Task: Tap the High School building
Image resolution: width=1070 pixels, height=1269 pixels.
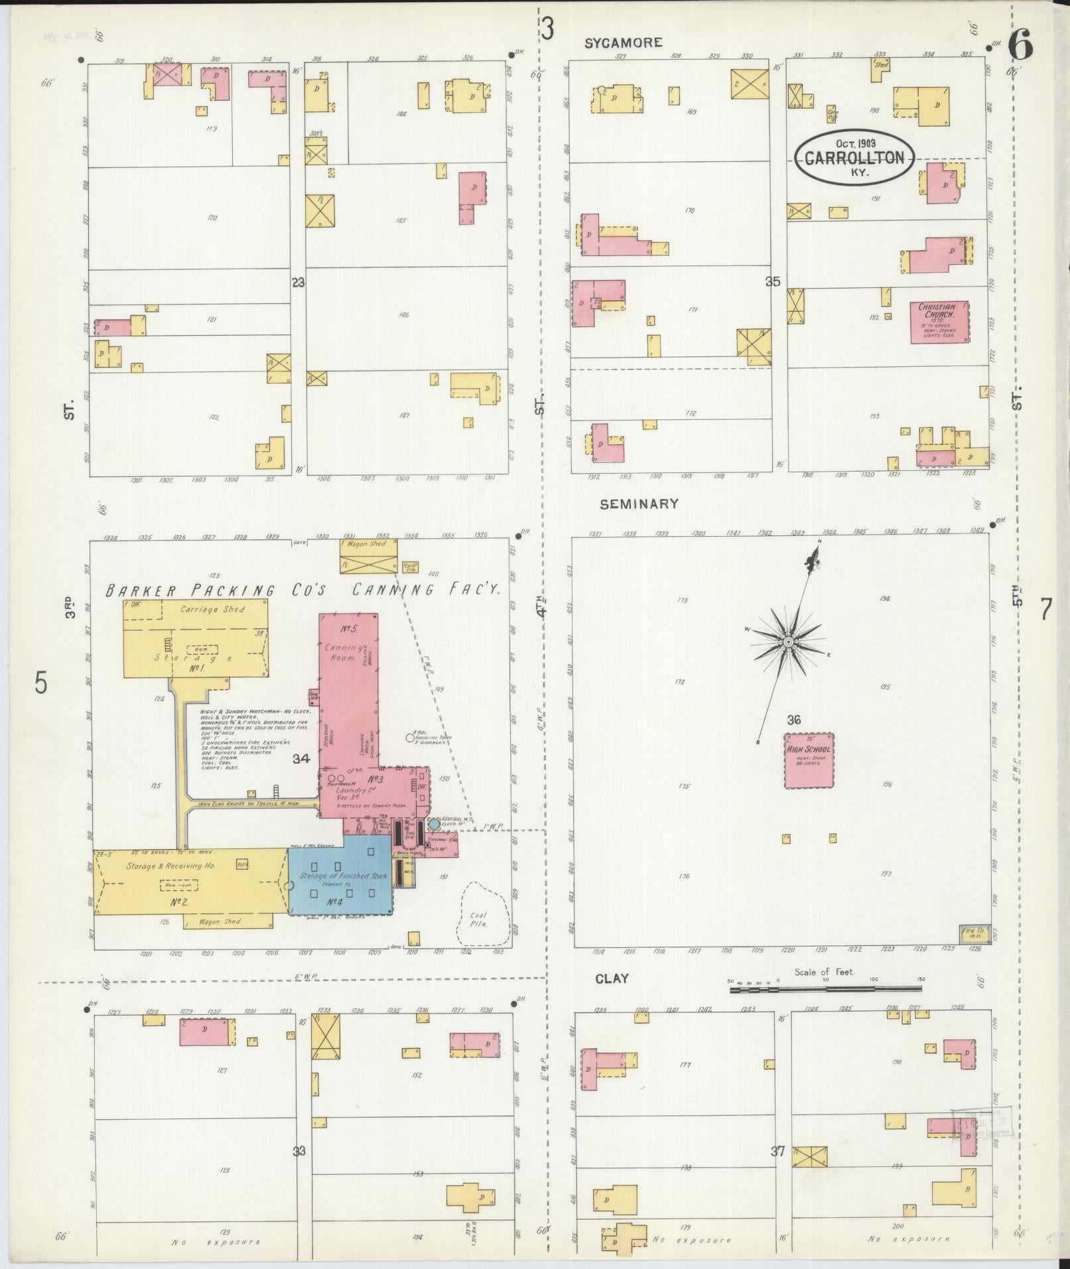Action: pyautogui.click(x=808, y=760)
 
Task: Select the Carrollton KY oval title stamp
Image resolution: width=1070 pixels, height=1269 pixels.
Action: pyautogui.click(x=854, y=158)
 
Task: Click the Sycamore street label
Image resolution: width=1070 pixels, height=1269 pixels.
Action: pyautogui.click(x=623, y=42)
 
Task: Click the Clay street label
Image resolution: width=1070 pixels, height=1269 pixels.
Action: pyautogui.click(x=612, y=978)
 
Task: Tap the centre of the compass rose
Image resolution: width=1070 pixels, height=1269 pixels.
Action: pyautogui.click(x=787, y=642)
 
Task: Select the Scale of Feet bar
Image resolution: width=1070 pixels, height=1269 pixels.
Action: pyautogui.click(x=825, y=989)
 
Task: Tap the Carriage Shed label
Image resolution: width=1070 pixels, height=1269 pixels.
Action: pyautogui.click(x=204, y=608)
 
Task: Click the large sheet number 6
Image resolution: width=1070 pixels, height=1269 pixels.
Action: pyautogui.click(x=1020, y=45)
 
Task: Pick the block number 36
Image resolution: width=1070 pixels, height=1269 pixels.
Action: pyautogui.click(x=794, y=720)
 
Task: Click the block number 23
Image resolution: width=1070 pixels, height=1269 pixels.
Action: pyautogui.click(x=298, y=283)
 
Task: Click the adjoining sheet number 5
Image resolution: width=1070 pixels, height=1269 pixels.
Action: pyautogui.click(x=41, y=682)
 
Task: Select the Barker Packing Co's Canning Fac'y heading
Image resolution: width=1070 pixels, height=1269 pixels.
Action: pyautogui.click(x=305, y=589)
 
